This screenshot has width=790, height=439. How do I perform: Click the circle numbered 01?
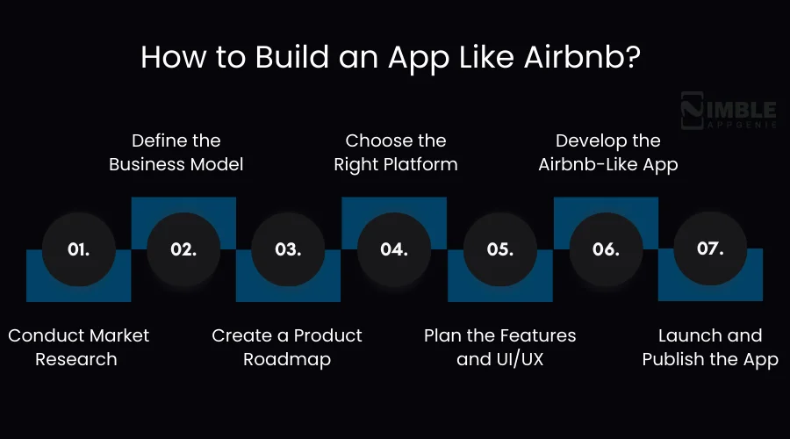pos(79,249)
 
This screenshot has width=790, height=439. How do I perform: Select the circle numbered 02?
pos(183,249)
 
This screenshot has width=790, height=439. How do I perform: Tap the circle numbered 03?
pos(288,249)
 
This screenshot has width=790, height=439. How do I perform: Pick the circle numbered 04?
pos(394,249)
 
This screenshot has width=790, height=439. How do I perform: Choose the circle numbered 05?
pos(499,249)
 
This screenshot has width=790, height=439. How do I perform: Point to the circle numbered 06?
pos(606,249)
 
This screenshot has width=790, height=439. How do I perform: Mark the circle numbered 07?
pos(710,248)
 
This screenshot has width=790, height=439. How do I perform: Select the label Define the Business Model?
pos(176,153)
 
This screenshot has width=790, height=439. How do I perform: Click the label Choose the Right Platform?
pos(396,153)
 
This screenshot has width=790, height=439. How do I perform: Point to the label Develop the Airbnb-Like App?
pos(608,153)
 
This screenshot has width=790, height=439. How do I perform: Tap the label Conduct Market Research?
pos(79,347)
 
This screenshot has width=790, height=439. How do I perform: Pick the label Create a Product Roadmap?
pos(287,347)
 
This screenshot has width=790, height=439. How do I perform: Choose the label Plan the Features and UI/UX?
pos(500,347)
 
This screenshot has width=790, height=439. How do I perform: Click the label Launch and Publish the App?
pos(710,347)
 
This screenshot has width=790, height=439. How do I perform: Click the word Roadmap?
pos(287,359)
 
